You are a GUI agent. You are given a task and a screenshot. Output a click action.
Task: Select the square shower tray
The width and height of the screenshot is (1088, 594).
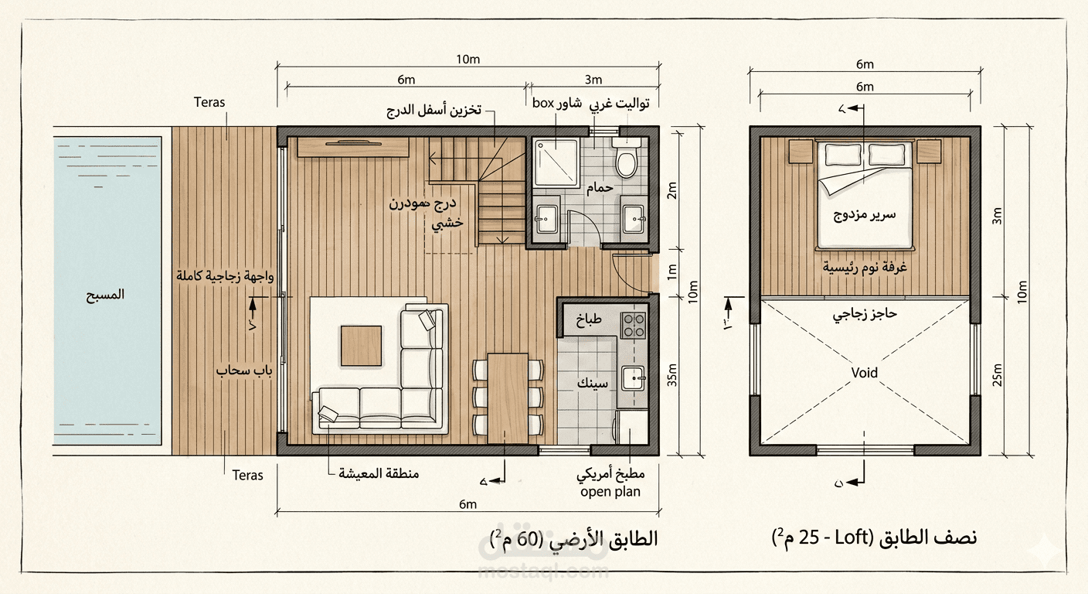pos(555,163)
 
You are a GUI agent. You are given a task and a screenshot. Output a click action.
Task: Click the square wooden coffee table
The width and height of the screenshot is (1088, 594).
pos(361,346)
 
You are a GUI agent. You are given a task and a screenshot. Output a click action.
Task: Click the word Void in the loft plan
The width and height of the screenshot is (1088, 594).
pos(864,373)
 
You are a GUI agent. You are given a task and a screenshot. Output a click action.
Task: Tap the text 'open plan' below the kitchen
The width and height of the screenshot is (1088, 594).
pos(610,492)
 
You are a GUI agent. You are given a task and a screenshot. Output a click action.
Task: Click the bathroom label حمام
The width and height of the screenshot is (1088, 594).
pos(599,188)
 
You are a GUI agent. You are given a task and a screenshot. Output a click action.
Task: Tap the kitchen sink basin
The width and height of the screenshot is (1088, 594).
pos(634,378)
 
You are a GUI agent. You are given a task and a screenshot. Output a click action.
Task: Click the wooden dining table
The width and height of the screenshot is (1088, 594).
pos(508,397)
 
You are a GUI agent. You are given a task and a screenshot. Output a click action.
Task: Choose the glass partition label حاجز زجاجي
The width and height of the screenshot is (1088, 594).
pos(864,316)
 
